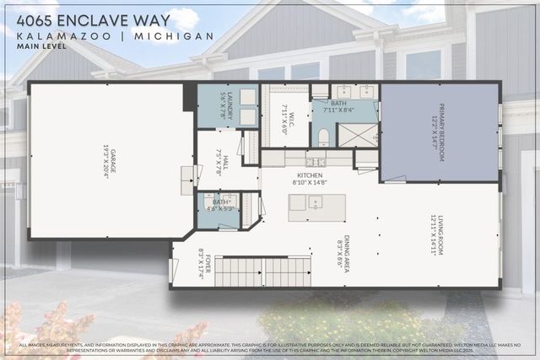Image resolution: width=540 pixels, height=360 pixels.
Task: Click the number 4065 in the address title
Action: [35, 18]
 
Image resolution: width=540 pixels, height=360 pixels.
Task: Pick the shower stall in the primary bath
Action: [358, 135]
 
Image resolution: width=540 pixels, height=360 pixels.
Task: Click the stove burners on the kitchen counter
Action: [315, 161]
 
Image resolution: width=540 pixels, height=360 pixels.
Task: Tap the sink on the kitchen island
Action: [314, 202]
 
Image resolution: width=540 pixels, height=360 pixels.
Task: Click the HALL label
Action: [223, 156]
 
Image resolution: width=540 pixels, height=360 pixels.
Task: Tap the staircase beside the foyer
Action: [253, 271]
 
